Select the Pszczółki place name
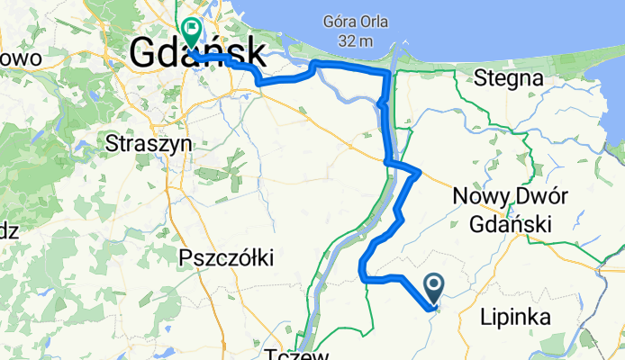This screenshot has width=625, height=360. click(226, 258)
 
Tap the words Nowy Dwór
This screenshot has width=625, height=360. click(502, 196)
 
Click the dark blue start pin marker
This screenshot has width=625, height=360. click(433, 287)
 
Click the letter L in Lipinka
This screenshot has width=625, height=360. click(485, 316)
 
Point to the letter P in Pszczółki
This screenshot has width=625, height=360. click(186, 258)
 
